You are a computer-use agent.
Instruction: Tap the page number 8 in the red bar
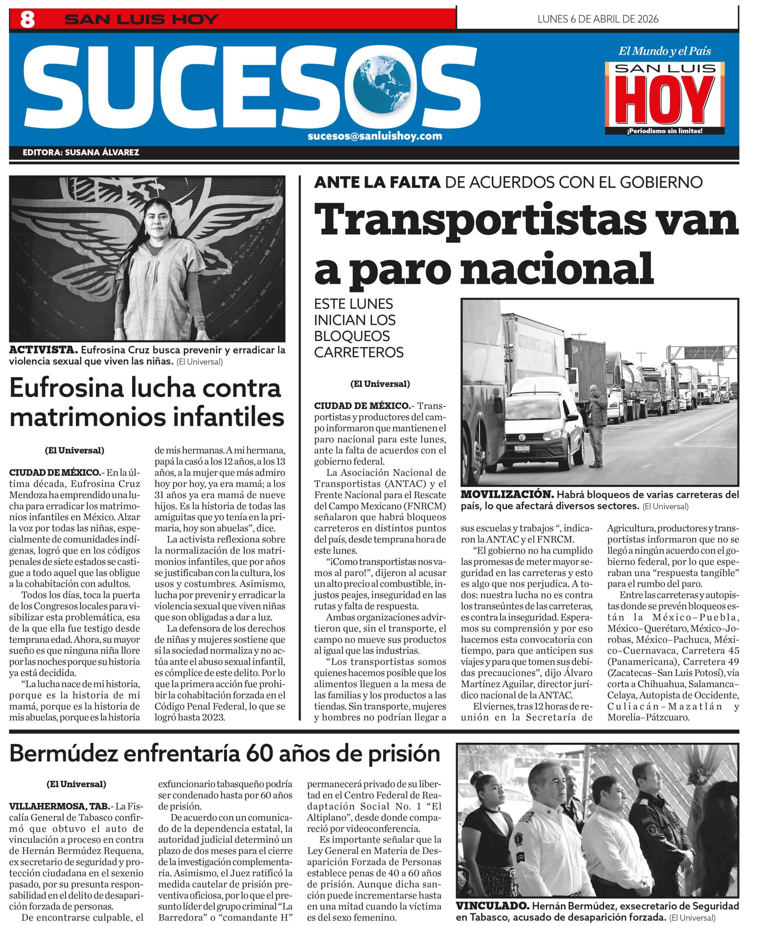coord(27,20)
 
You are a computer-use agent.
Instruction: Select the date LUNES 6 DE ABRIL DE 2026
coord(597,18)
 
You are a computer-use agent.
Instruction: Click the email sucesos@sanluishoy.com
coord(374,136)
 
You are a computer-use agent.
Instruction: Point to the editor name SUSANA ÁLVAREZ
coord(102,153)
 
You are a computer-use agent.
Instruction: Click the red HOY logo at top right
coord(664,101)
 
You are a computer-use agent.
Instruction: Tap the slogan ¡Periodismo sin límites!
coord(664,131)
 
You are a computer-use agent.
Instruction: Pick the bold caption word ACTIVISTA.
coord(43,350)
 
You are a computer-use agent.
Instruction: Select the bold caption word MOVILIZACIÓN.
coord(507,494)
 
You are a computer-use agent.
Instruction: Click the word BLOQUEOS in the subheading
coord(352,336)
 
